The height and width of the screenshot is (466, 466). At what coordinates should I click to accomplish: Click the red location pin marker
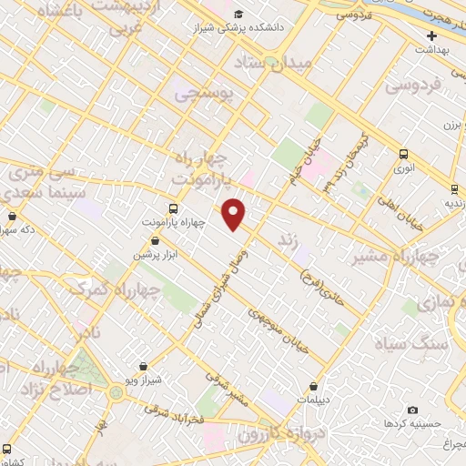pos(235,214)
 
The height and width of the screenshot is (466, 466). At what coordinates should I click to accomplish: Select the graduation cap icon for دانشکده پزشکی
pos(238,14)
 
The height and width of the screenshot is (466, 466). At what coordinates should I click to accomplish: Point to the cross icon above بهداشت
pos(432,35)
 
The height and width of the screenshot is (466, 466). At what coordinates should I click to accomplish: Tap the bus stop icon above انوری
pos(403,154)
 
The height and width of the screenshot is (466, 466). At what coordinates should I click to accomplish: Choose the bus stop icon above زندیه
pos(454,189)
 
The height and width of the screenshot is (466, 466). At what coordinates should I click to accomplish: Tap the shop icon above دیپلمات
pos(313,387)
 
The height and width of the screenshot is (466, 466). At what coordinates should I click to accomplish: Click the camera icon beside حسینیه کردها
pos(412,411)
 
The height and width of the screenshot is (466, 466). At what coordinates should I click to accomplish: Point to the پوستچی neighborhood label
pos(204,93)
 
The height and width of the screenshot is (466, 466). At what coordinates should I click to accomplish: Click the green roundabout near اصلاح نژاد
pos(116,392)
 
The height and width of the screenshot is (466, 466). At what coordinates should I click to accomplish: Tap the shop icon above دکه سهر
pos(12,217)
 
